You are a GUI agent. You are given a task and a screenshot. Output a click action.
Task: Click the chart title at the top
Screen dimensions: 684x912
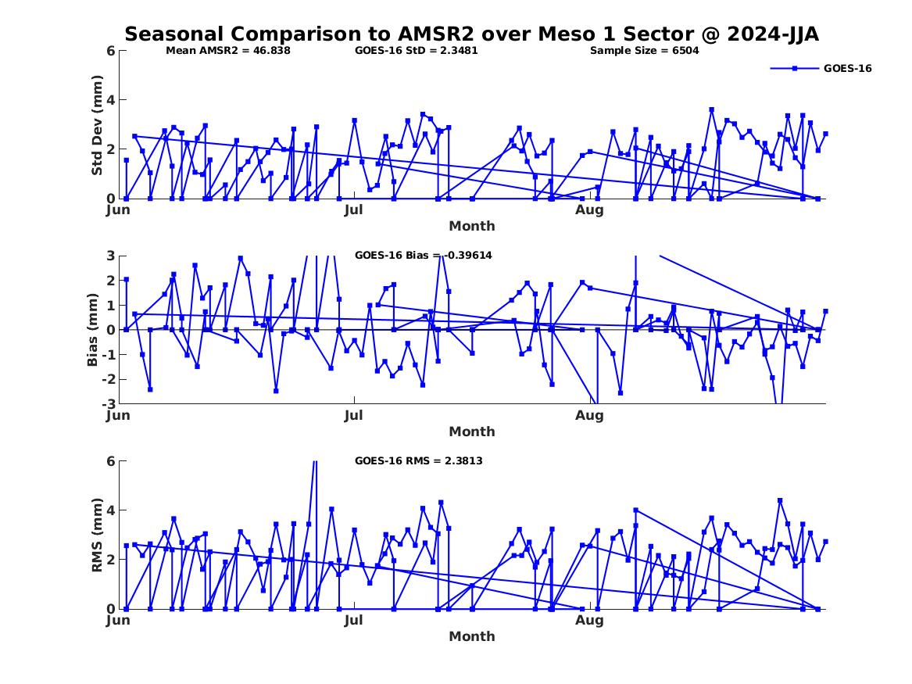(471, 34)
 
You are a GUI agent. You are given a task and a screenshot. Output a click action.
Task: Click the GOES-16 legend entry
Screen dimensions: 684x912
(847, 69)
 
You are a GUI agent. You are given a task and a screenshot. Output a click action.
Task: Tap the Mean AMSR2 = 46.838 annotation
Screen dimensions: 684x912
(228, 51)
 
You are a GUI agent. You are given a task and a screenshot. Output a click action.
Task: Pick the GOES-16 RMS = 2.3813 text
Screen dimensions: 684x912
(418, 461)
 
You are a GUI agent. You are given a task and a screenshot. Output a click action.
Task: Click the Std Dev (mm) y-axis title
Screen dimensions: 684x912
(97, 125)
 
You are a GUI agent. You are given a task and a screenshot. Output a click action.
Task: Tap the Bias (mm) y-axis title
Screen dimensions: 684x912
(93, 330)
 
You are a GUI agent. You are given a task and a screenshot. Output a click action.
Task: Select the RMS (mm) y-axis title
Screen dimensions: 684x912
(97, 535)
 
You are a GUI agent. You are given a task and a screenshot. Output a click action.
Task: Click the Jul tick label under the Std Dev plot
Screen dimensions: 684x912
(354, 209)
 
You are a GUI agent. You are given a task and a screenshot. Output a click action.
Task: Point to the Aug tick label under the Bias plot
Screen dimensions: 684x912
(589, 415)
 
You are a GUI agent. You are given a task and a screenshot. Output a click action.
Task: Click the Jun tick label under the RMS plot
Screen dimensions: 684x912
(118, 620)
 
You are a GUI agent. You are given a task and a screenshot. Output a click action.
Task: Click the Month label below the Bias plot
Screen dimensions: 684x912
(471, 432)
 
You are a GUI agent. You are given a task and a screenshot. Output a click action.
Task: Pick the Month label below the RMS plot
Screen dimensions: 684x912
(471, 636)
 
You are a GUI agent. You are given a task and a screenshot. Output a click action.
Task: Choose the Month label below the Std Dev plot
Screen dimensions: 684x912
(471, 226)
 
